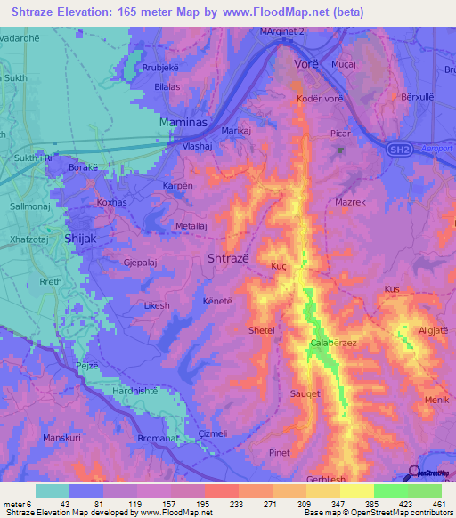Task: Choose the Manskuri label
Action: click(61, 438)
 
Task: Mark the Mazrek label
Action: click(352, 203)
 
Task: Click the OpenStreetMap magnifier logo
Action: click(415, 473)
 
